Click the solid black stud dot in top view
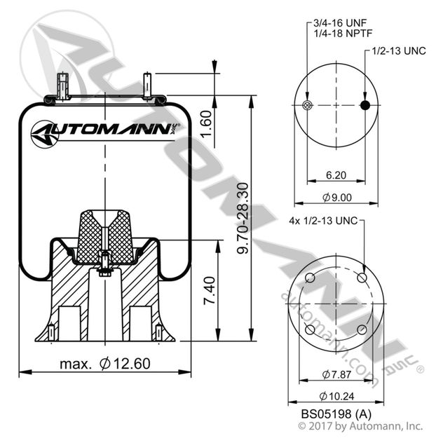tap(365, 105)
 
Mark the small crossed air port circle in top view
tap(306, 105)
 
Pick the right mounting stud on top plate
tap(147, 85)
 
